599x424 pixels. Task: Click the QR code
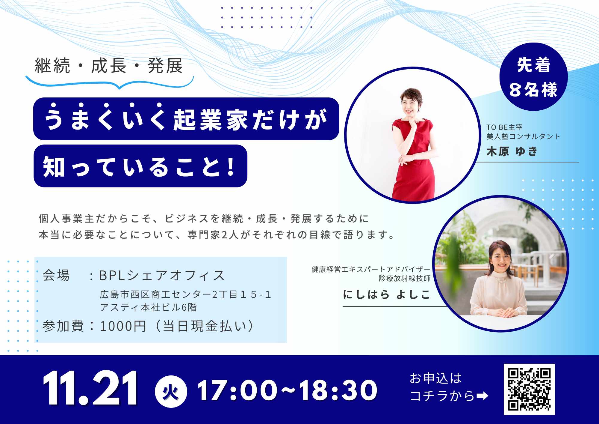coord(529,389)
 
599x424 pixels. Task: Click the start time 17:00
coord(237,390)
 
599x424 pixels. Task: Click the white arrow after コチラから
coord(482,396)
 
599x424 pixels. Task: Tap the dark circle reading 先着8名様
coord(533,77)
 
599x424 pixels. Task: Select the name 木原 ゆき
coord(512,151)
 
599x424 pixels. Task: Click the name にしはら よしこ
coord(386,294)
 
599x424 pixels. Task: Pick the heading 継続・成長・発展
coord(109,65)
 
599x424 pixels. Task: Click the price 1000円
coord(123,326)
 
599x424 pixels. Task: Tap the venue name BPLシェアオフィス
coord(162,276)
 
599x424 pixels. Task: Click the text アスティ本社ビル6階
coord(148,307)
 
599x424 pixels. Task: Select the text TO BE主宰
coord(505,127)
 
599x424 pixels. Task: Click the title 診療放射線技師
coord(405,278)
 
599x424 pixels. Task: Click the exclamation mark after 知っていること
coord(231,166)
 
